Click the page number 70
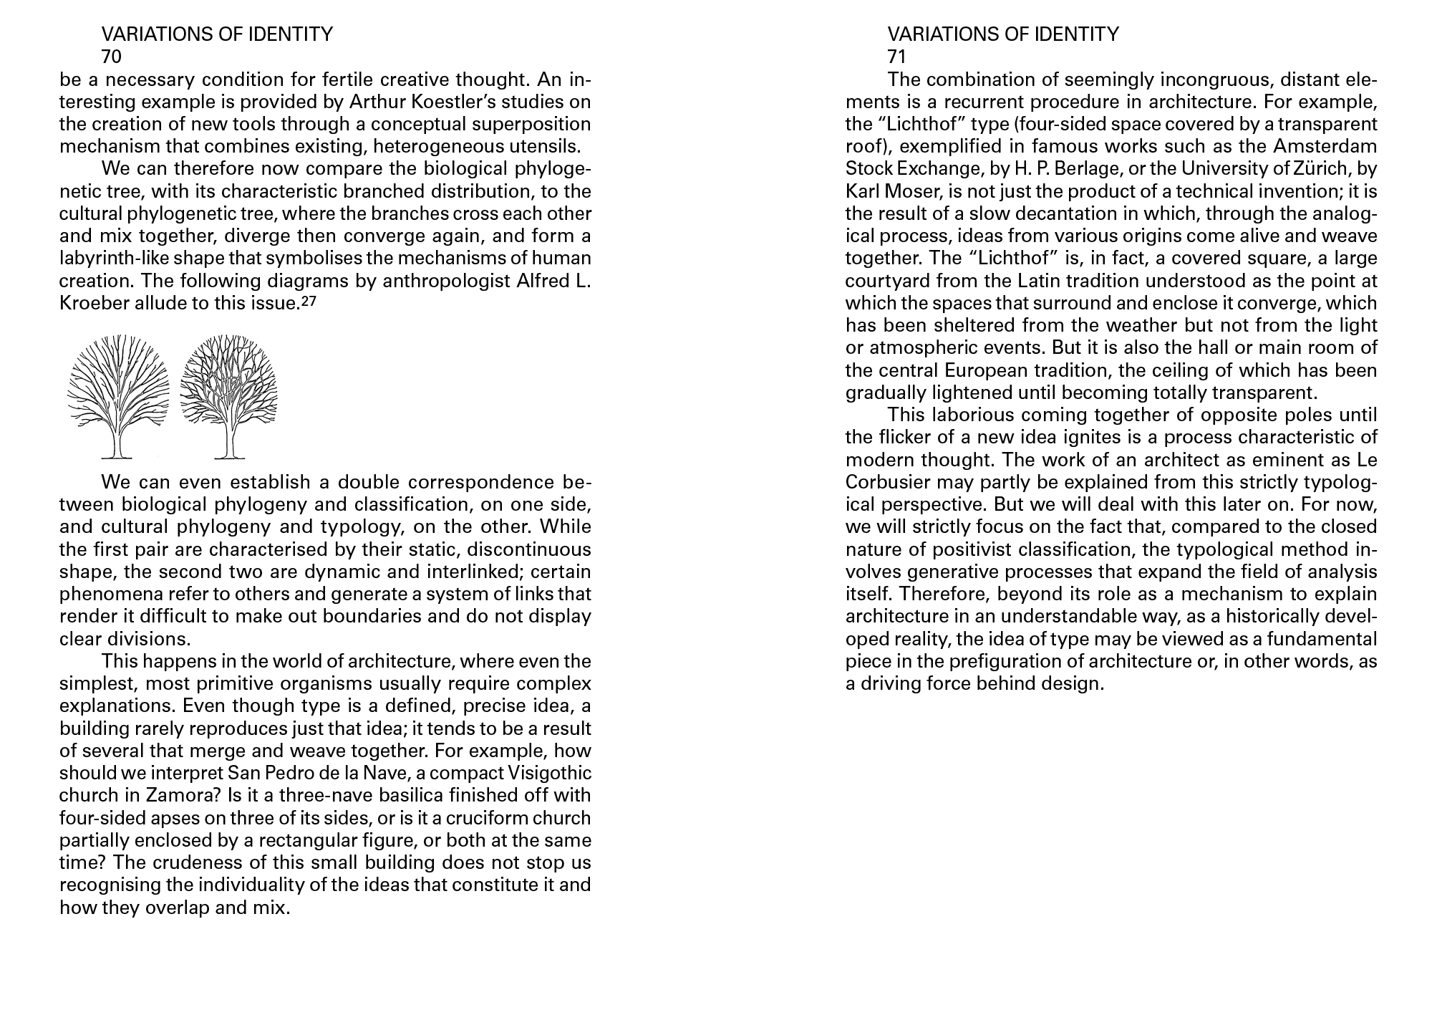point(112,57)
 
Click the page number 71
point(896,57)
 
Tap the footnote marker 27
point(309,302)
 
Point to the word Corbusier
point(888,482)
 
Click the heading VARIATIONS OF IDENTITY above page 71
point(1002,34)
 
